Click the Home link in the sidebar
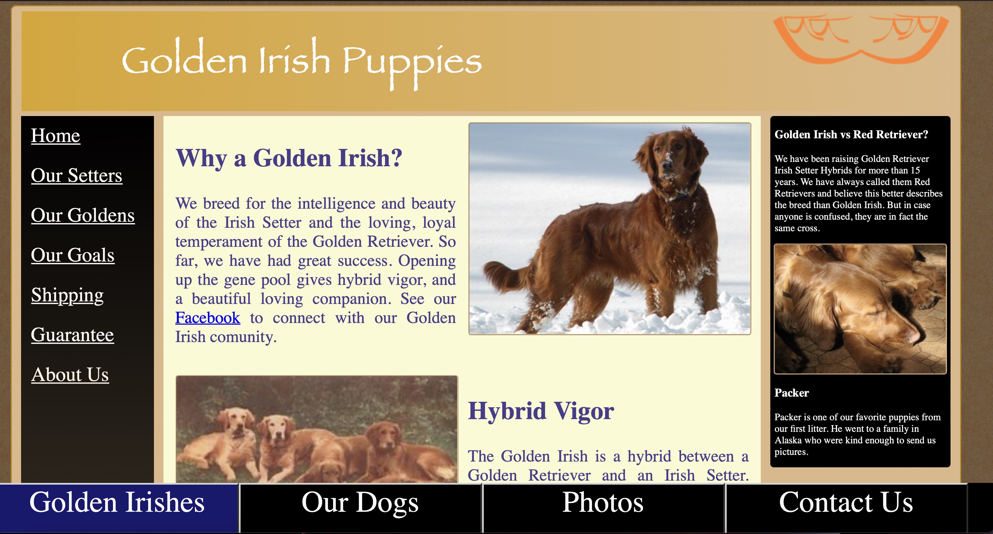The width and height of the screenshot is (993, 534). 55,136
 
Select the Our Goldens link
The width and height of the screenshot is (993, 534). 83,215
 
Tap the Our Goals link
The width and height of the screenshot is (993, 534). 72,255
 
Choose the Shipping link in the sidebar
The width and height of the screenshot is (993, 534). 67,296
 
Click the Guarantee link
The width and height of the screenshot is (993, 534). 72,335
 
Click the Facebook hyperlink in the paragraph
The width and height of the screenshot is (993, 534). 207,318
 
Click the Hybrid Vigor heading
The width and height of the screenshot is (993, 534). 541,411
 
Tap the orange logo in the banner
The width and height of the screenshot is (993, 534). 861,38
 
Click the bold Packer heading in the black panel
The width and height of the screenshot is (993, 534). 791,393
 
